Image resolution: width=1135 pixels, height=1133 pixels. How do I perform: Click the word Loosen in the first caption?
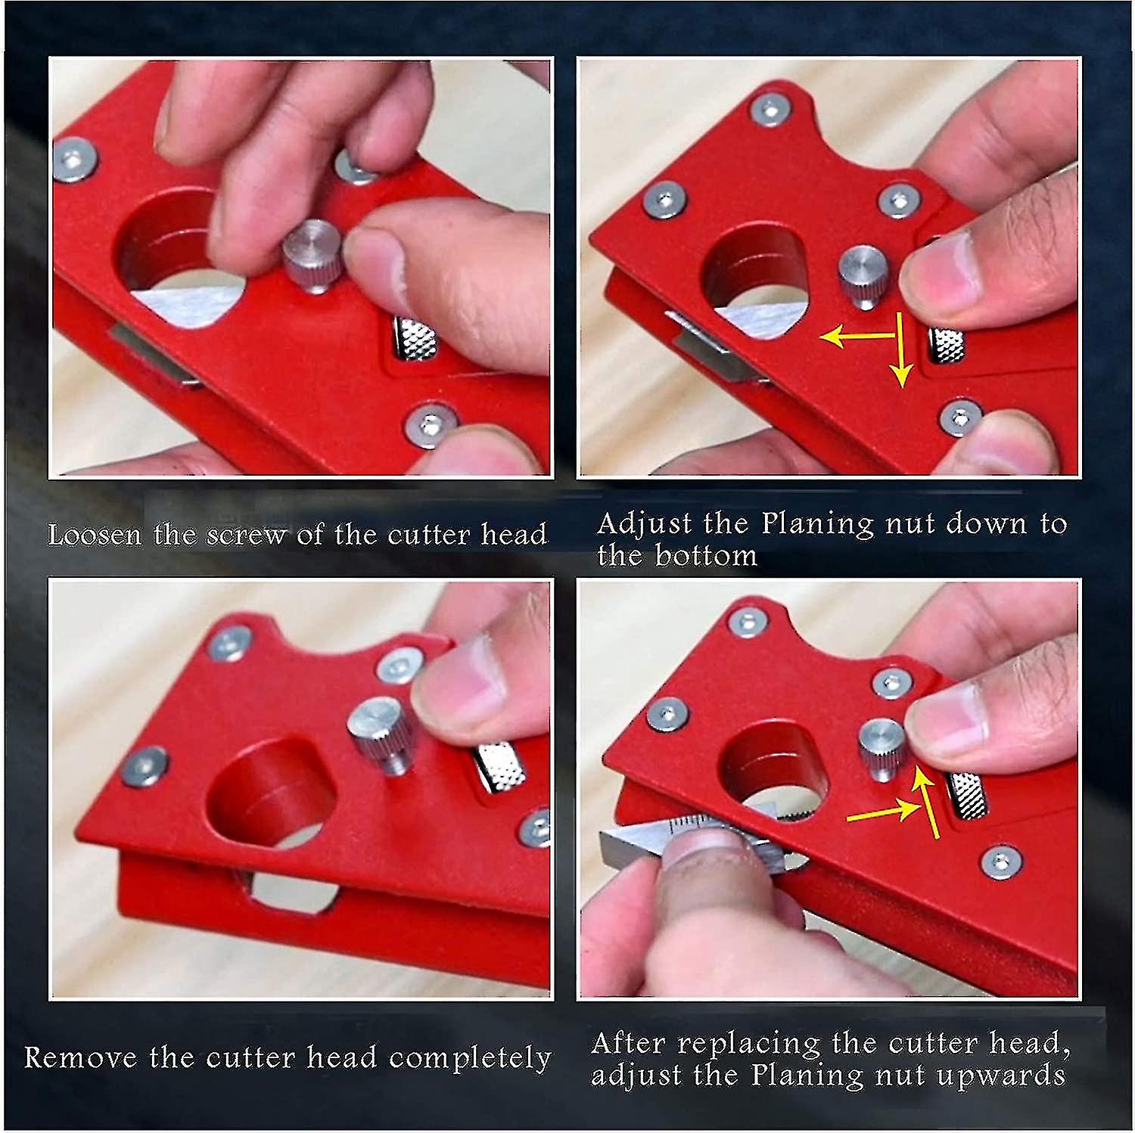click(x=94, y=535)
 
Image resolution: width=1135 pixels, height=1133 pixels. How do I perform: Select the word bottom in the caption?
click(x=705, y=556)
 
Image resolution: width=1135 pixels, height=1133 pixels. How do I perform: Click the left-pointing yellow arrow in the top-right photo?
click(x=855, y=337)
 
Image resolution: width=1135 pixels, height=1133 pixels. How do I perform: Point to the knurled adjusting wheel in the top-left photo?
click(x=415, y=340)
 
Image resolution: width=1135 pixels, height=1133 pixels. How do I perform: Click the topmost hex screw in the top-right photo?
click(x=770, y=110)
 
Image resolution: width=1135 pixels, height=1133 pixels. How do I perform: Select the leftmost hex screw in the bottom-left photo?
click(x=143, y=766)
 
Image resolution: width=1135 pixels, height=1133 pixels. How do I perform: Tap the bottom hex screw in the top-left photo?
click(x=428, y=428)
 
